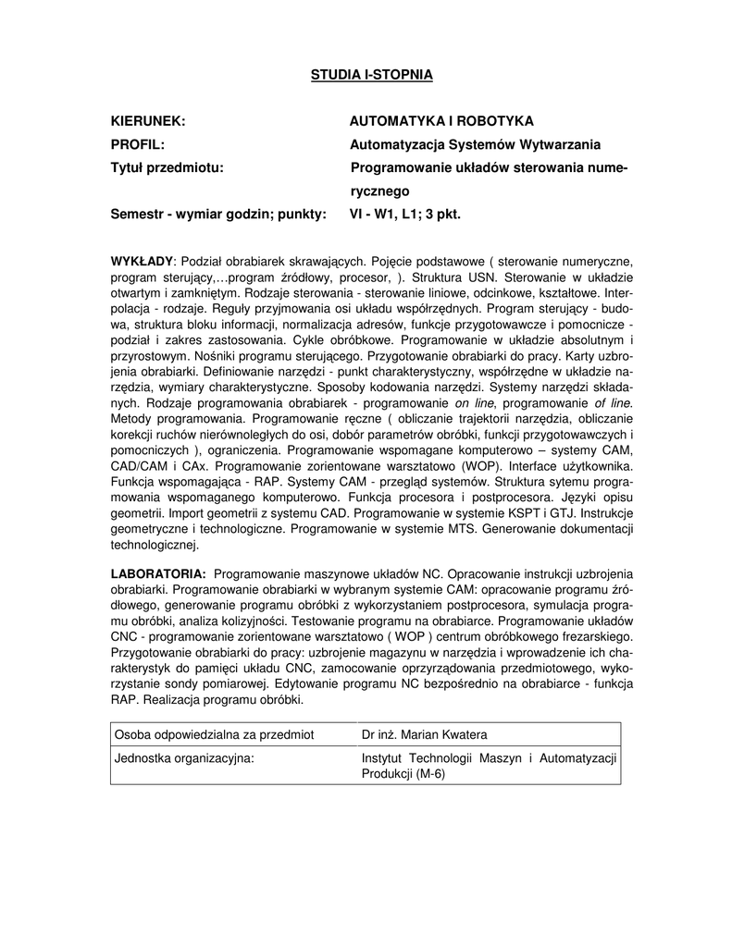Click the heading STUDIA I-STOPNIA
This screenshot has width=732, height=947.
370,73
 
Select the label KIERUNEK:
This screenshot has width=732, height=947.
148,121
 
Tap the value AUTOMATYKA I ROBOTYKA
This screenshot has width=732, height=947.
441,121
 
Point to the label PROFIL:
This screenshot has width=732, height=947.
137,144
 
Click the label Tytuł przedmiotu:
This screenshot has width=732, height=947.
167,167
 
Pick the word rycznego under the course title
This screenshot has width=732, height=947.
379,191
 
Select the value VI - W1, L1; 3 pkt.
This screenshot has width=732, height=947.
404,215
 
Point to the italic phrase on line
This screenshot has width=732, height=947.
478,403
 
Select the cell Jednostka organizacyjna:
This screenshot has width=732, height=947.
184,758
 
